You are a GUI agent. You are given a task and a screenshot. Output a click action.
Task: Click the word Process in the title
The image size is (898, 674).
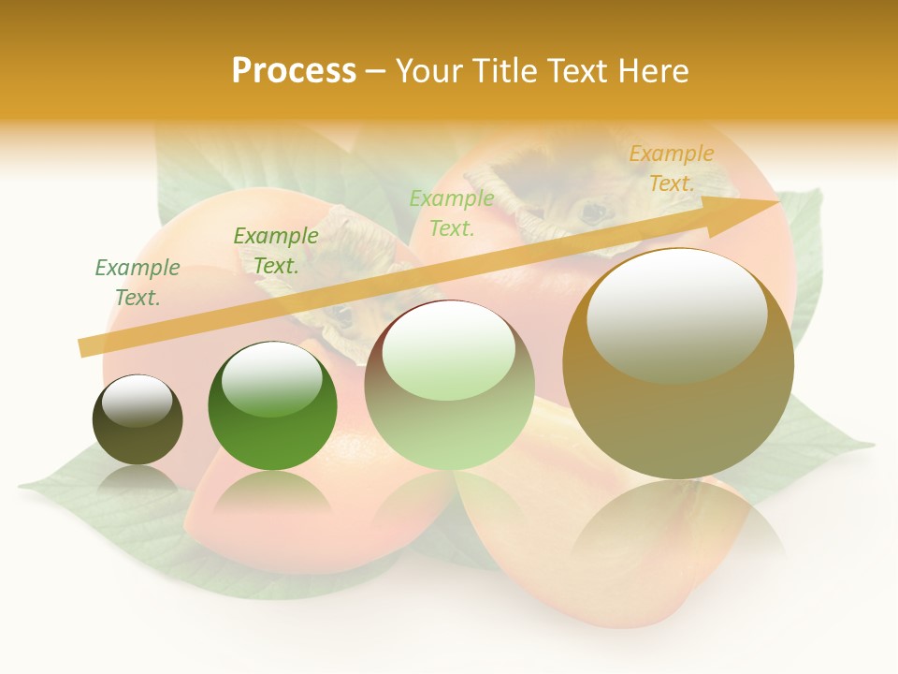click(x=294, y=70)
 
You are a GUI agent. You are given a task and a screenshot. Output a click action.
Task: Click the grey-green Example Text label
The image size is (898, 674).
click(x=138, y=283)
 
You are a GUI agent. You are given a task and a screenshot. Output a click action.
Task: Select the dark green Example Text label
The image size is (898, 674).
click(x=276, y=251)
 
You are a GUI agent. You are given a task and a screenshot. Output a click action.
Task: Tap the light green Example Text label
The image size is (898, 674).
click(x=452, y=212)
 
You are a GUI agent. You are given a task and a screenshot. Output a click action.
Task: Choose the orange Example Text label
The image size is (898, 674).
click(x=672, y=168)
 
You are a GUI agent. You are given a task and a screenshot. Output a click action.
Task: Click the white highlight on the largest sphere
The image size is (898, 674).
click(x=677, y=314)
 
